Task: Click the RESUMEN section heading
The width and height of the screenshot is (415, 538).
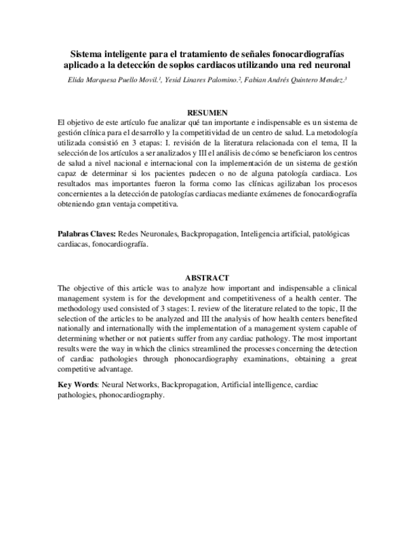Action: click(x=207, y=112)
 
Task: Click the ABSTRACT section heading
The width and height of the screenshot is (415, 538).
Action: click(x=207, y=278)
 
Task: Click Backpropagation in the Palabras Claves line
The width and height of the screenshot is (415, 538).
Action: click(x=208, y=233)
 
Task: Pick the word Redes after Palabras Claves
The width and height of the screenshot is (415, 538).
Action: click(x=131, y=233)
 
